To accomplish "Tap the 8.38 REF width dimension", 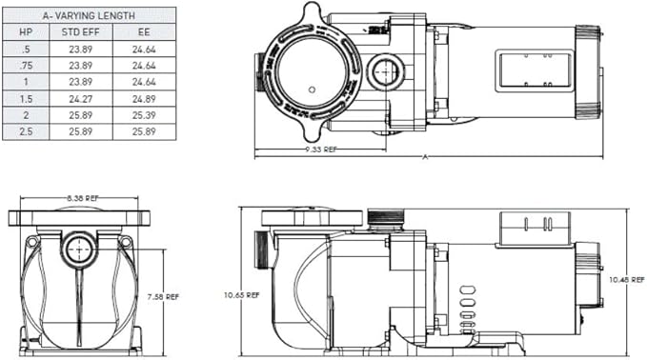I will pos(81,197).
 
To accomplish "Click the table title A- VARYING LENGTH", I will pos(89,15).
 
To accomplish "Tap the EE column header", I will pos(143,32).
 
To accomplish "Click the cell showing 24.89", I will pos(143,98).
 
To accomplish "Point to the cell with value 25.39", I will pos(143,114).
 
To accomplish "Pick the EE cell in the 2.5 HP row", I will pos(143,130).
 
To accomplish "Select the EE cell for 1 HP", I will pos(143,82).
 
